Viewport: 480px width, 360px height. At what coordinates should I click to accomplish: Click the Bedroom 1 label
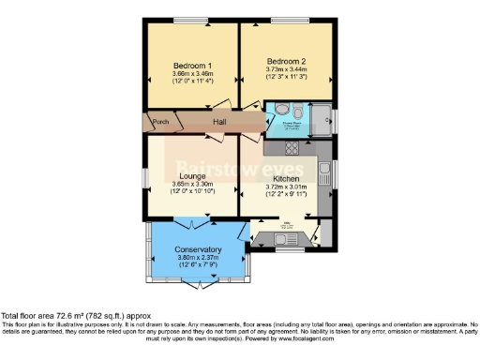click(x=192, y=65)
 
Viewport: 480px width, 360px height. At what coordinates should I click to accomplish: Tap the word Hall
click(x=218, y=124)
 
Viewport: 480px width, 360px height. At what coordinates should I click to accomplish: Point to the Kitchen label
click(x=286, y=178)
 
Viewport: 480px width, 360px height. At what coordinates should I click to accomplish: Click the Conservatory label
click(x=199, y=249)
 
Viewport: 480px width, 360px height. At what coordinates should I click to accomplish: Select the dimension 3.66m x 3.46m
click(x=192, y=73)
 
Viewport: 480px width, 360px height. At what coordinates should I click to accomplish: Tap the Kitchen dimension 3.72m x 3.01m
click(x=286, y=187)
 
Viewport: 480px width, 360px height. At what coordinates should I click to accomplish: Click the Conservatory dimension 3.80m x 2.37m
click(x=199, y=258)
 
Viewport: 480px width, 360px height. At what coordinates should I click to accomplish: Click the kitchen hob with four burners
click(x=291, y=147)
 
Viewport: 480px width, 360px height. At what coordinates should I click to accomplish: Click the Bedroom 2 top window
click(x=286, y=21)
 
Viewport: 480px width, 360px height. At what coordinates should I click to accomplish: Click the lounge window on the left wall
click(x=144, y=176)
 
